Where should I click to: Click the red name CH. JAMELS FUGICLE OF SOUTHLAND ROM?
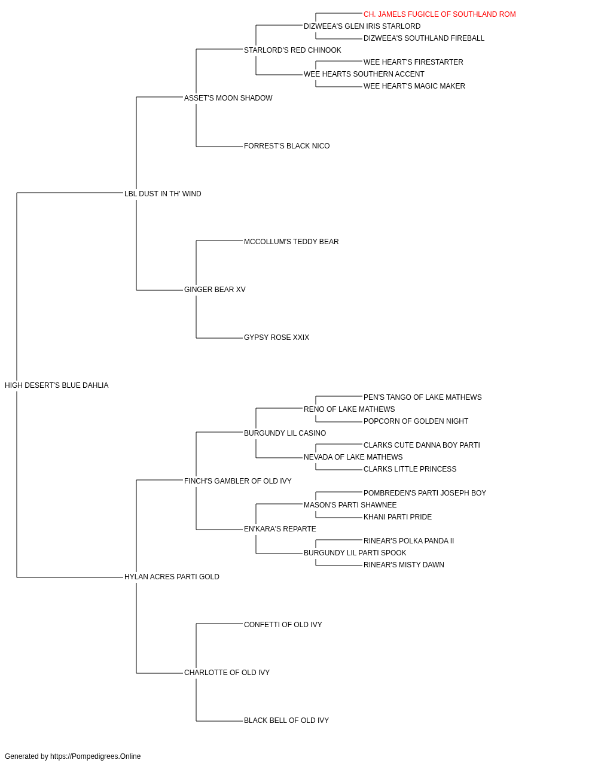click(x=439, y=14)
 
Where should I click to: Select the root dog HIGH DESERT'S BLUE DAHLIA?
click(x=56, y=385)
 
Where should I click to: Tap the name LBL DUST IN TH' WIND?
click(x=163, y=193)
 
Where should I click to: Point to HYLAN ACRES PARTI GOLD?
click(x=172, y=577)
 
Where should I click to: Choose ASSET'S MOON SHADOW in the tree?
click(x=228, y=98)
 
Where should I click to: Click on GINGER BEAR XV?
click(x=215, y=290)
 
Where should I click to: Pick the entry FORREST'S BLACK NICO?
click(x=286, y=146)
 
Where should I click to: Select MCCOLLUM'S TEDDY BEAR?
click(x=291, y=241)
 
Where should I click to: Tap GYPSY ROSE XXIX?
click(x=276, y=338)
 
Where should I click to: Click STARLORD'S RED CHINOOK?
click(x=292, y=50)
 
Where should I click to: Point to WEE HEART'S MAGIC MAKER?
click(x=414, y=86)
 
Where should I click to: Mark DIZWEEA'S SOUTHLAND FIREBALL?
click(x=423, y=38)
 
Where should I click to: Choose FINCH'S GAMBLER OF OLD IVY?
click(x=238, y=481)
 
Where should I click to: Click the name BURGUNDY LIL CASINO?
click(x=285, y=433)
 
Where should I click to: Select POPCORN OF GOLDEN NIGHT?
click(x=416, y=421)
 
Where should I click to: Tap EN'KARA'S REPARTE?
click(x=280, y=529)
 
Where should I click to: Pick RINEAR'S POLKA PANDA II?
click(x=408, y=541)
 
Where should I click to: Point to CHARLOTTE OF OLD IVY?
click(x=227, y=672)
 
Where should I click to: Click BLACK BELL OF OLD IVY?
click(x=286, y=720)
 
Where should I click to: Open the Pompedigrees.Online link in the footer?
click(x=95, y=756)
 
